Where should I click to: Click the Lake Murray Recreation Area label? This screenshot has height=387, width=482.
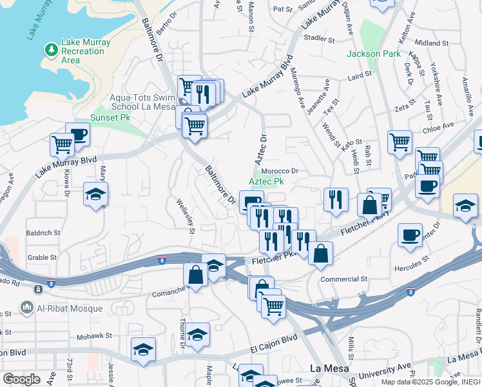click(86, 51)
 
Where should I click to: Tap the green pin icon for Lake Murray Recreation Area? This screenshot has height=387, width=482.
click(51, 50)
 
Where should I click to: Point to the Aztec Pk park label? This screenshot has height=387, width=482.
click(266, 182)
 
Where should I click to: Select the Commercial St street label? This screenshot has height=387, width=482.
click(345, 280)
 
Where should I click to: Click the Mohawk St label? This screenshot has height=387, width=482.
click(95, 336)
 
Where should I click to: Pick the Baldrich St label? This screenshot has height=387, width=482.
click(43, 232)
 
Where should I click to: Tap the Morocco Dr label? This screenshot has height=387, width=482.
click(281, 172)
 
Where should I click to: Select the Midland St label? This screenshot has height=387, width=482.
click(431, 43)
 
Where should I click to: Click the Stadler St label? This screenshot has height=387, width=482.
click(320, 39)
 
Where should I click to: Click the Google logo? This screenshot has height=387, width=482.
click(22, 379)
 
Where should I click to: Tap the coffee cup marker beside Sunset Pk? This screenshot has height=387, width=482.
click(77, 134)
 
